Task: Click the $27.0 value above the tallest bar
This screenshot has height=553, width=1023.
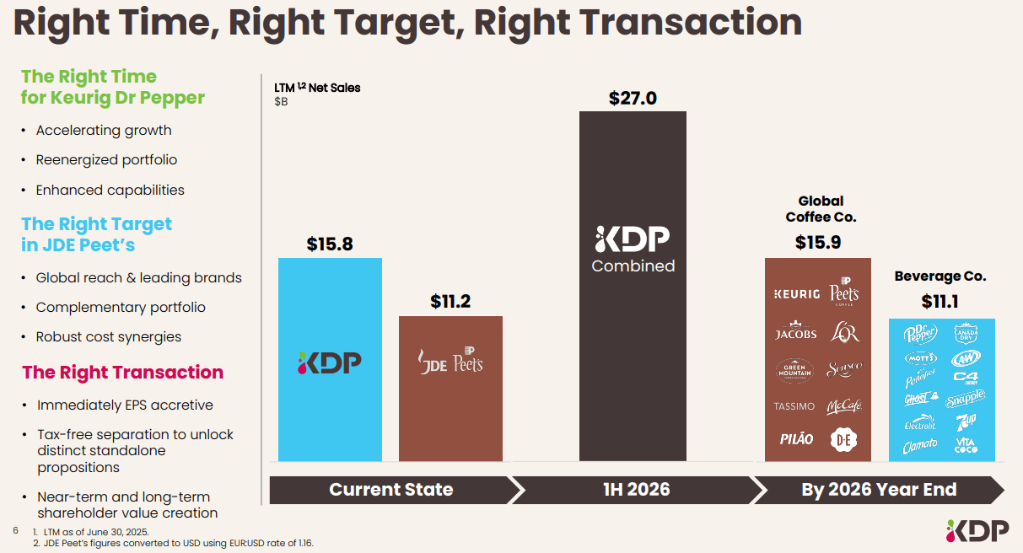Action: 633,98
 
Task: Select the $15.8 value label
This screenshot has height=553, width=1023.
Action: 330,244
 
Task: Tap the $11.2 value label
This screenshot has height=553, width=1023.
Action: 450,302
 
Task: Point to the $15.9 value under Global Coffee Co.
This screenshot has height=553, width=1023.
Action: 817,243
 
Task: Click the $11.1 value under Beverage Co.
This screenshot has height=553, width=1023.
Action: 940,302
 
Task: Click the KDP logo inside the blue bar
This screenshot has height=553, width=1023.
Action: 330,362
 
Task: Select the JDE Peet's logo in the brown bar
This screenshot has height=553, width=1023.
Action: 450,362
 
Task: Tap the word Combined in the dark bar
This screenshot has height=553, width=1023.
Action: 633,266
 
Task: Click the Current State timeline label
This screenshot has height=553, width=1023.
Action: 390,490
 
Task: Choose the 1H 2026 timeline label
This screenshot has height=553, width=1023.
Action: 633,490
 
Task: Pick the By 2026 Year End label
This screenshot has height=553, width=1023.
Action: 878,490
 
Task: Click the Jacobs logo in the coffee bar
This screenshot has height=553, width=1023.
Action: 795,332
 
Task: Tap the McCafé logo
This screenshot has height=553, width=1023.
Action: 843,406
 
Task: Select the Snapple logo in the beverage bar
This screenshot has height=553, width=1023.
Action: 965,398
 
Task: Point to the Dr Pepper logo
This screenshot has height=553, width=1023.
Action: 920,334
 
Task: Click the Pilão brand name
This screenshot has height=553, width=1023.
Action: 795,438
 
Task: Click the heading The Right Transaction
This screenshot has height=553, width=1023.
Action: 122,373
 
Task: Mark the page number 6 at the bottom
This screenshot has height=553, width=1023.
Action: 15,531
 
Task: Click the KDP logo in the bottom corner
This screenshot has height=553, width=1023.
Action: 977,530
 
